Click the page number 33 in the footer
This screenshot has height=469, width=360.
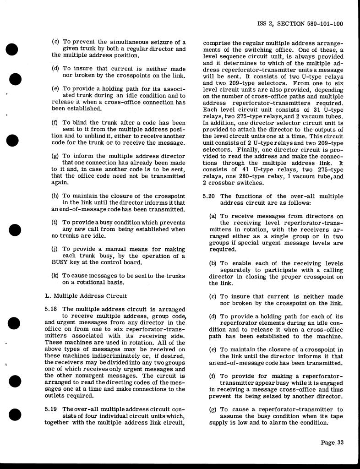pyautogui.click(x=339, y=442)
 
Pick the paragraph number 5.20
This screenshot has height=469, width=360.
pyautogui.click(x=209, y=196)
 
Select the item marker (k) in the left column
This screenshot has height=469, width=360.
pyautogui.click(x=55, y=276)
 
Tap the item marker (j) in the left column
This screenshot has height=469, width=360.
pyautogui.click(x=55, y=249)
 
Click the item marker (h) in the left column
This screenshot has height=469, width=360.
pyautogui.click(x=55, y=196)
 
